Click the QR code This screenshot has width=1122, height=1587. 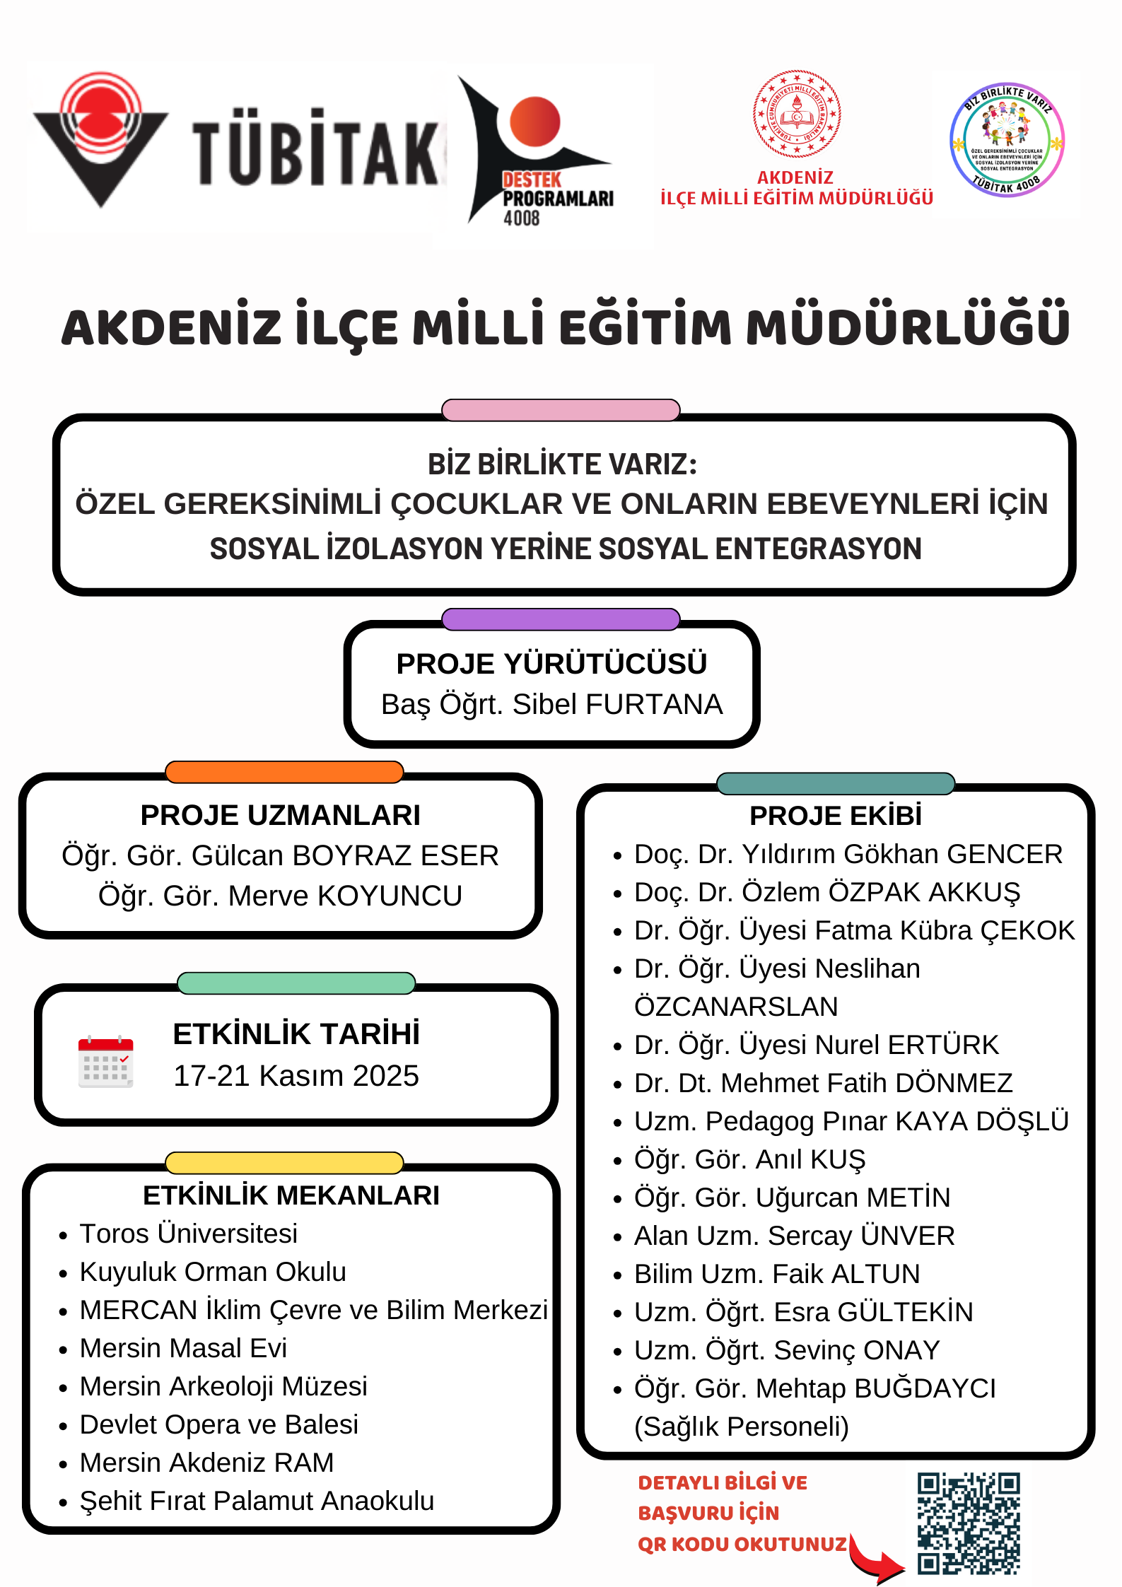[968, 1523]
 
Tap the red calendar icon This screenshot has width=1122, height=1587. [105, 1061]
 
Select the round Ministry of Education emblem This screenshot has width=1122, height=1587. [796, 114]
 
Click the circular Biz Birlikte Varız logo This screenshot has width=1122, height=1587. [1007, 139]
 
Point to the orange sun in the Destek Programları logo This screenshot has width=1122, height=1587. [534, 121]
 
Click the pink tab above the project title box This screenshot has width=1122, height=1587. [561, 410]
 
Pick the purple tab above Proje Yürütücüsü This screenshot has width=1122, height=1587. [561, 619]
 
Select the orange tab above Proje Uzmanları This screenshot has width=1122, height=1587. [284, 772]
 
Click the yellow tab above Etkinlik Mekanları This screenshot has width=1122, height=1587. [284, 1163]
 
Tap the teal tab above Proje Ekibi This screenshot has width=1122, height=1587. [836, 783]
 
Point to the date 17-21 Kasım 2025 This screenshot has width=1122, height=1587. [296, 1076]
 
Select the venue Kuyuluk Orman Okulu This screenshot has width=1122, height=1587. [213, 1272]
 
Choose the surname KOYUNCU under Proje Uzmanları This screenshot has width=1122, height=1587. [390, 896]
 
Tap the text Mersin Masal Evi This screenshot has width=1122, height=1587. [183, 1348]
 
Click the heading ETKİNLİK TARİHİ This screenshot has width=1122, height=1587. [296, 1033]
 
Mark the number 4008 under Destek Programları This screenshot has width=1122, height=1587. [521, 218]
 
